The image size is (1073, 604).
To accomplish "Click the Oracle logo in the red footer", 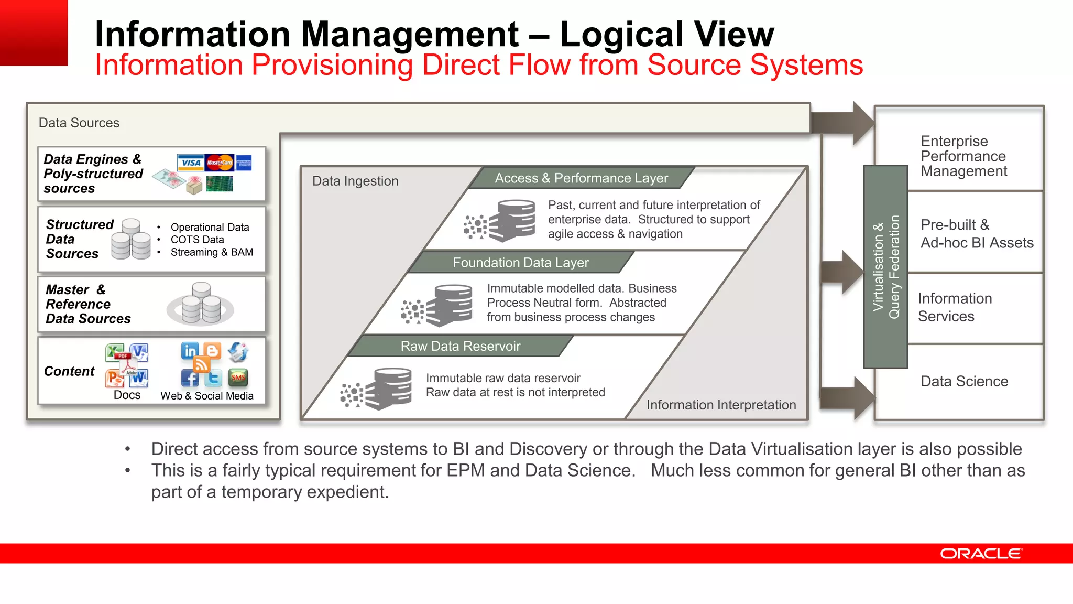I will click(x=980, y=554).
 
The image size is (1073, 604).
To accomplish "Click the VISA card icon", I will click(x=191, y=163).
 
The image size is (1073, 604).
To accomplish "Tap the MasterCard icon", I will click(x=220, y=163).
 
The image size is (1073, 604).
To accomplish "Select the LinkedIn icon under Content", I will click(x=190, y=350).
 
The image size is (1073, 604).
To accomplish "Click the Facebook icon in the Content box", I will click(x=190, y=377).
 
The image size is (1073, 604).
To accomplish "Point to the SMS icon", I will click(x=238, y=377).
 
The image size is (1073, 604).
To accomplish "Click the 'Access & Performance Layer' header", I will click(x=581, y=178).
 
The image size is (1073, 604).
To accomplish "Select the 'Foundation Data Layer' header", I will click(x=520, y=262).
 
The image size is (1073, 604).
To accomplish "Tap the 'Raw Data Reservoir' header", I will click(x=461, y=346).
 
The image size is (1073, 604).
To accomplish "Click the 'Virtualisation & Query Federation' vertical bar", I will click(x=885, y=267).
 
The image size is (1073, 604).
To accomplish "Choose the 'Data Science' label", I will click(x=964, y=381).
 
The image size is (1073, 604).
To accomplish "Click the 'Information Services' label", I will click(x=955, y=307).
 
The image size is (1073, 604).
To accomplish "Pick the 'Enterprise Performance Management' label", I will click(x=963, y=156).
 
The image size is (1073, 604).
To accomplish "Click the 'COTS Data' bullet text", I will click(x=197, y=240).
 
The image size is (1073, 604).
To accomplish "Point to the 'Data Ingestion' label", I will click(x=355, y=181).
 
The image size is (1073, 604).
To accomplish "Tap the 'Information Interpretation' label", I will click(x=721, y=405).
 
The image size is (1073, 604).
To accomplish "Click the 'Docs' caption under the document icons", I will click(x=127, y=395).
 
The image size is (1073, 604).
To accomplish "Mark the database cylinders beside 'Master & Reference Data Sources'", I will click(x=201, y=304).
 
